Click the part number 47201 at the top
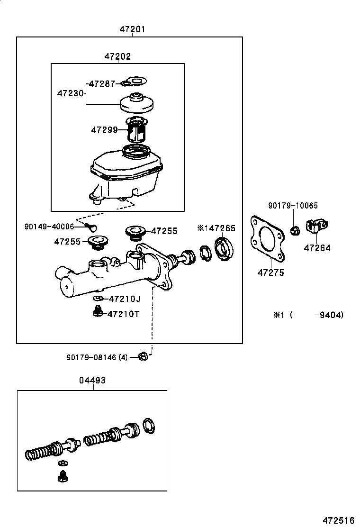(x=132, y=29)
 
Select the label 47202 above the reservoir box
(x=117, y=57)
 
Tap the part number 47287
(x=102, y=84)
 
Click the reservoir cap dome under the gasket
(x=136, y=103)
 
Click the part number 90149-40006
(x=49, y=227)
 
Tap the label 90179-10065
(x=293, y=206)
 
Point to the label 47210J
(x=125, y=299)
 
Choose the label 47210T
(x=123, y=314)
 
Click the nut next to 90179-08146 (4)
(x=143, y=357)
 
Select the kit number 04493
(x=93, y=380)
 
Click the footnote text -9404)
(x=329, y=315)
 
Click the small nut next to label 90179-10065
(x=294, y=231)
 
